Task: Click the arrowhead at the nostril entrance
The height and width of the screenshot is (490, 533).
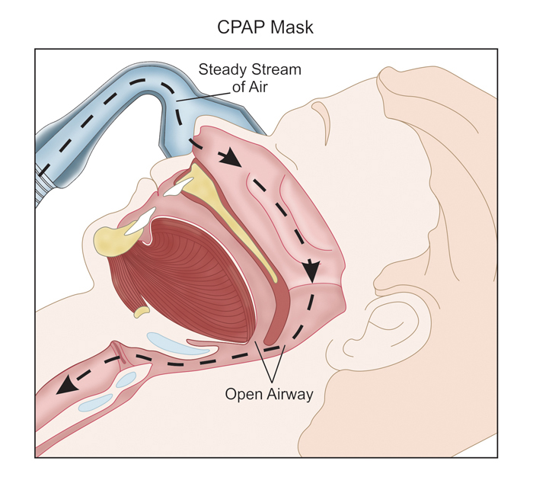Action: [225, 159]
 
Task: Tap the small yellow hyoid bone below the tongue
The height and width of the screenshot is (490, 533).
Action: [142, 312]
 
